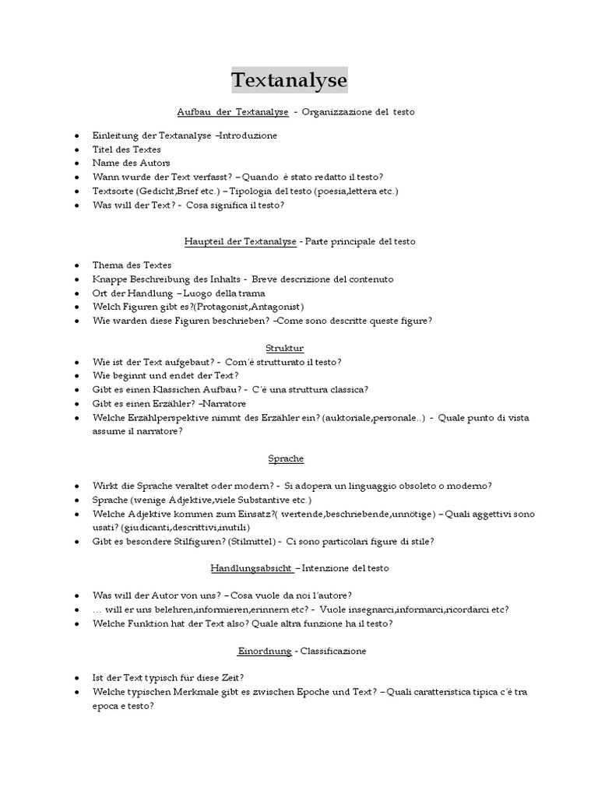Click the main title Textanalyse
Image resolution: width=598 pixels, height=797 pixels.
point(290,80)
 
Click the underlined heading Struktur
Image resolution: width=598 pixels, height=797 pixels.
point(285,348)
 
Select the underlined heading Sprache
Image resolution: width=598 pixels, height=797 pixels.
point(286,458)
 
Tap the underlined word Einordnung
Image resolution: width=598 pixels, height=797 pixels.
point(265,650)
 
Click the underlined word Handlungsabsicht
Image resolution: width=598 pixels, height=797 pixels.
point(251,568)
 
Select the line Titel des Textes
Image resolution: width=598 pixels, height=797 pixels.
point(127,149)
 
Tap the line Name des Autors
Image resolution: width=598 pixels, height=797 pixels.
point(131,163)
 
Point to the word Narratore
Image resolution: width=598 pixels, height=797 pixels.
point(224,404)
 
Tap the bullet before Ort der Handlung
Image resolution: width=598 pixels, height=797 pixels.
point(76,293)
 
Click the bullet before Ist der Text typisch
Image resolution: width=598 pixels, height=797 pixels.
point(76,678)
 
